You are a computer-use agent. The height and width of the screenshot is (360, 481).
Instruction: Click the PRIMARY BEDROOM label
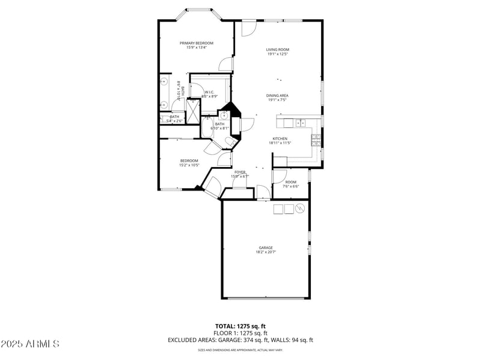[196, 43]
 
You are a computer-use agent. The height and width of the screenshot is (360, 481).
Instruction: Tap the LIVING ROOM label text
[278, 49]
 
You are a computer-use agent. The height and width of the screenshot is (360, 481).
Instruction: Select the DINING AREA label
[278, 95]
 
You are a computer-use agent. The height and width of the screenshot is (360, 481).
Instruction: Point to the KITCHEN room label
[280, 138]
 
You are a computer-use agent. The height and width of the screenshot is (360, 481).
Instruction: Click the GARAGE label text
[266, 248]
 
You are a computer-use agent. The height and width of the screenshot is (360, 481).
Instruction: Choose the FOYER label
[240, 172]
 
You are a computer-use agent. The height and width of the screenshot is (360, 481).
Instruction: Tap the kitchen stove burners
[316, 140]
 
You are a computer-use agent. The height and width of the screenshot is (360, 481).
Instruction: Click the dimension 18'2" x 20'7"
[266, 252]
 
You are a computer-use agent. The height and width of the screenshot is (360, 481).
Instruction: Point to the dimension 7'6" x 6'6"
[291, 186]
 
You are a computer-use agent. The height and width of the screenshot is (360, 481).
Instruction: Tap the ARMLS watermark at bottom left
[30, 344]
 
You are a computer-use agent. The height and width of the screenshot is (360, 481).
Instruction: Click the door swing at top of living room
[249, 28]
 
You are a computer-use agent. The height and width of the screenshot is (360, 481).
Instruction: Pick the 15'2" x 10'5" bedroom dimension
[189, 165]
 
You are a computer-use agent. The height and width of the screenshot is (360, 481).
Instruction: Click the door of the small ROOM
[279, 176]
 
